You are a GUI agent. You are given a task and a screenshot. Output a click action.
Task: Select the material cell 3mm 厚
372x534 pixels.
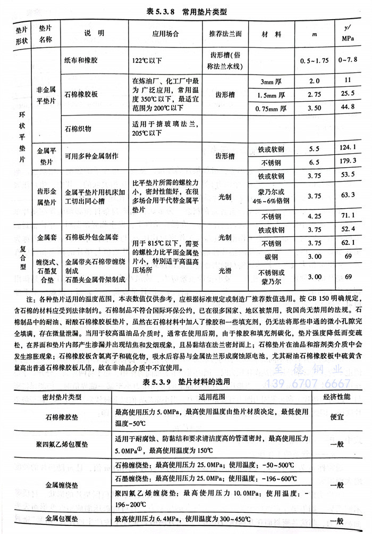coord(272,81)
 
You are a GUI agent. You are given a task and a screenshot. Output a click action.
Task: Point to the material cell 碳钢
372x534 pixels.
coord(272,257)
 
